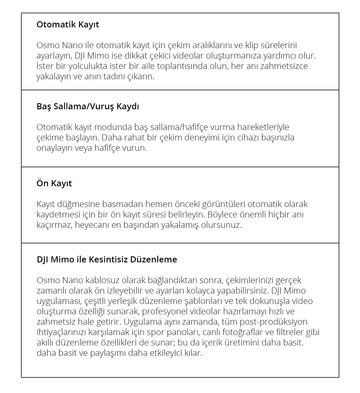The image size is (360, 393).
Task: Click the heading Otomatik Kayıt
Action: click(68, 25)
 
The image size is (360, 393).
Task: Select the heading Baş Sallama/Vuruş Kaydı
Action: click(88, 106)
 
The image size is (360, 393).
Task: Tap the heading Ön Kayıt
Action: click(54, 183)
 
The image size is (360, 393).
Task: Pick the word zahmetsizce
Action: click(284, 66)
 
